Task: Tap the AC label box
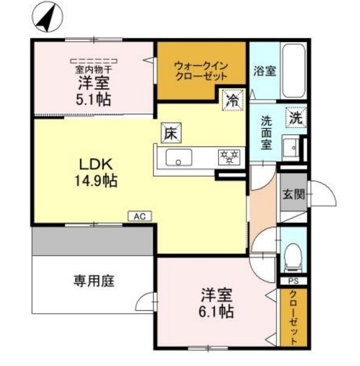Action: click(x=139, y=217)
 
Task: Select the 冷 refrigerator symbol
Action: click(x=232, y=100)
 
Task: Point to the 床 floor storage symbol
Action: click(x=171, y=134)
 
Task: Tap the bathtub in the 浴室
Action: click(x=293, y=71)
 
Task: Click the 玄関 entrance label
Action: click(x=293, y=195)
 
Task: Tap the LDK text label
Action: click(x=96, y=164)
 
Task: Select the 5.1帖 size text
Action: click(x=94, y=100)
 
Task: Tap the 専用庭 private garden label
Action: click(x=94, y=281)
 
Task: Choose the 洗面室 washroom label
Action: click(x=266, y=133)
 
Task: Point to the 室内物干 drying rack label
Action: click(x=94, y=69)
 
